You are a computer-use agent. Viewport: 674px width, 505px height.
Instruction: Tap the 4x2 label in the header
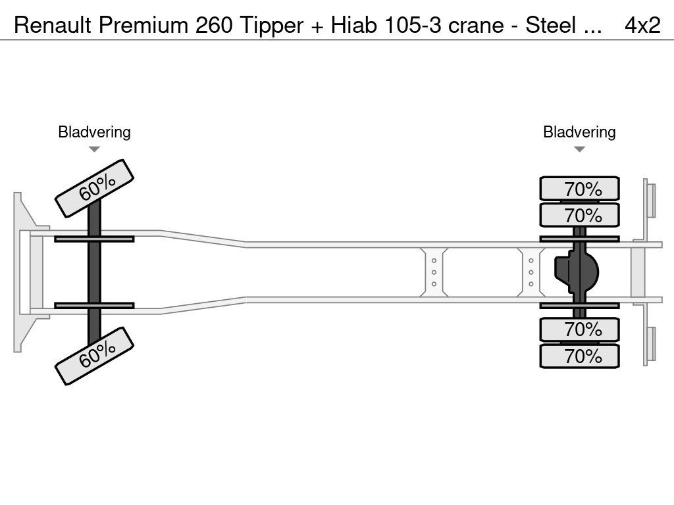click(x=642, y=25)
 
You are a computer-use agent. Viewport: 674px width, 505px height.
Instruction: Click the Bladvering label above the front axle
click(x=94, y=132)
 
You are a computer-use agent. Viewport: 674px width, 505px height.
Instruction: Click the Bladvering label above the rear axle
click(x=579, y=132)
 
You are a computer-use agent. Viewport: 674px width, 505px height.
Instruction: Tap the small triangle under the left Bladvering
click(x=94, y=149)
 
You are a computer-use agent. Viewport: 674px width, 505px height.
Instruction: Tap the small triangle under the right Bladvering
click(x=579, y=149)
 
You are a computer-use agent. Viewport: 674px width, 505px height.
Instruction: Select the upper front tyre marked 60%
click(x=94, y=188)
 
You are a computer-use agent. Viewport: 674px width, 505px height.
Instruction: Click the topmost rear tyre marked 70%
click(x=579, y=189)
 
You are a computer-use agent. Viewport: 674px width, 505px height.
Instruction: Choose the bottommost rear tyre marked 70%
click(x=579, y=356)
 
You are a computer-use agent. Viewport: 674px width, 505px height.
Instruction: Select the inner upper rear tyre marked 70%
click(x=579, y=215)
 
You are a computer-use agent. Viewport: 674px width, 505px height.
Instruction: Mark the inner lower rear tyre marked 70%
click(x=579, y=329)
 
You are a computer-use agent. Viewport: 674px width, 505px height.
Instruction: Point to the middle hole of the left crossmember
click(x=434, y=272)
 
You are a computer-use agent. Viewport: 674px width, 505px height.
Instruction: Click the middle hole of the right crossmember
click(x=531, y=272)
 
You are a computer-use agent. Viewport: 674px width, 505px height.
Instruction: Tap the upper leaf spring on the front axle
click(x=94, y=239)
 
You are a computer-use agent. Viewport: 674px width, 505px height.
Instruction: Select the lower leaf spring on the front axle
click(x=94, y=305)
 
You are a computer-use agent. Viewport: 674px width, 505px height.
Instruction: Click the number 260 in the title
click(x=207, y=25)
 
